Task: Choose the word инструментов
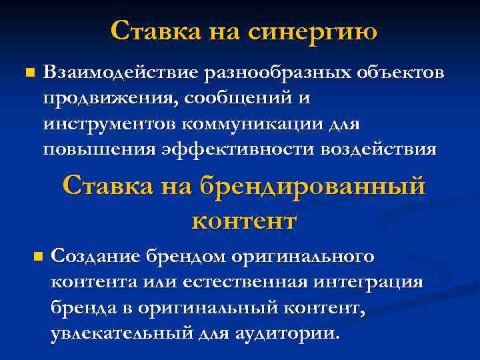(109, 123)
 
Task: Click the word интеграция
(368, 282)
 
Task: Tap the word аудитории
(287, 333)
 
